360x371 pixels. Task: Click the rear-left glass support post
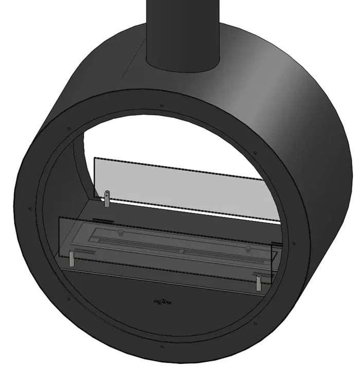pyautogui.click(x=107, y=199)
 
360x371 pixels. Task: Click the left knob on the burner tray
pyautogui.click(x=120, y=233)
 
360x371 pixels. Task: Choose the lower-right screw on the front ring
pyautogui.click(x=255, y=324)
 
